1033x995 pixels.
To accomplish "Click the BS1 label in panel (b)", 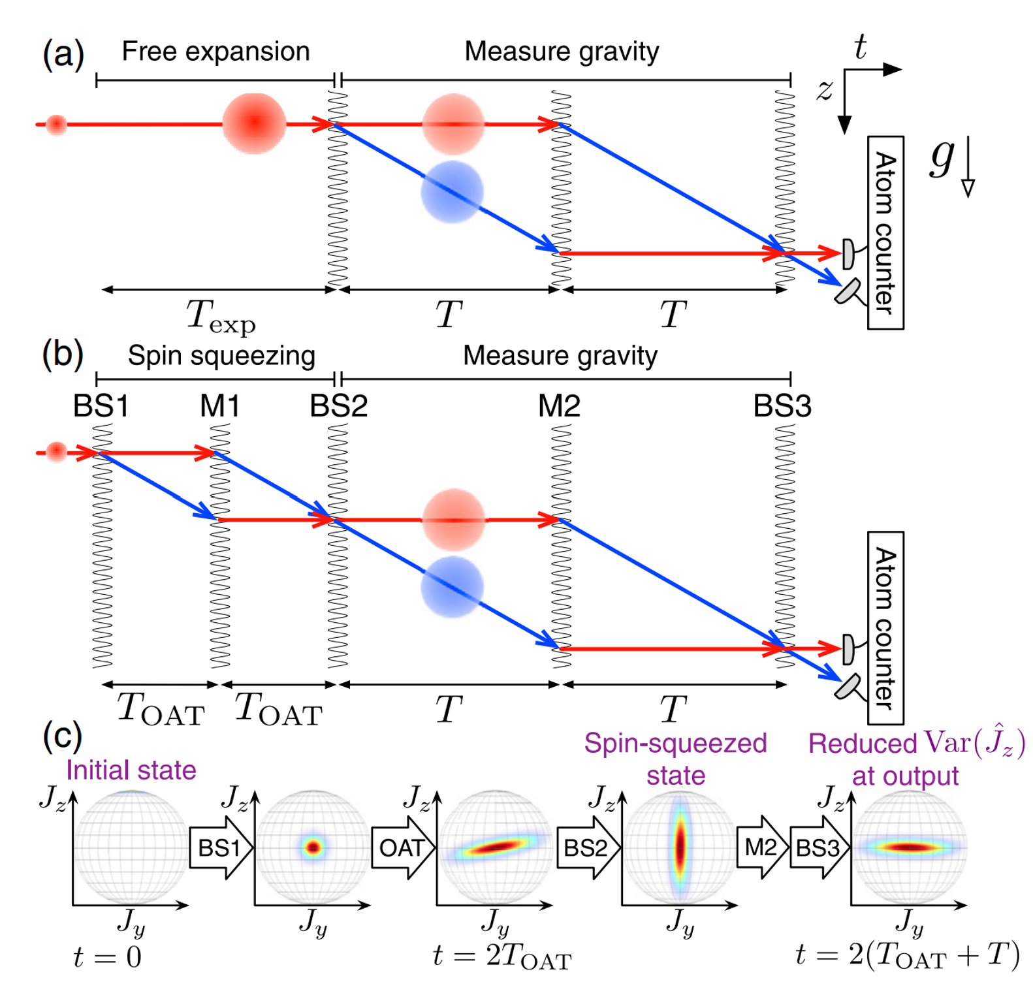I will tap(101, 406).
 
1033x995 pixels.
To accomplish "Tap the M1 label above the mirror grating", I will tap(219, 406).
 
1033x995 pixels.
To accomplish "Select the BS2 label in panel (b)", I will tap(338, 406).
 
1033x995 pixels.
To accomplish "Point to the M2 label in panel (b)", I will tap(559, 406).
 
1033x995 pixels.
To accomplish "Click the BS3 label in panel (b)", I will tap(782, 406).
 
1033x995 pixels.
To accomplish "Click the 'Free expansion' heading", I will tap(215, 52).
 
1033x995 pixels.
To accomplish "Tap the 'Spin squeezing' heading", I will tap(221, 356).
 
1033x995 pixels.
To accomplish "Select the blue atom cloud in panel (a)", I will tap(452, 192).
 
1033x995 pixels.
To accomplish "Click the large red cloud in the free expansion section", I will tap(254, 123).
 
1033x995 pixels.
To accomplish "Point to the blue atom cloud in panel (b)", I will tap(452, 587).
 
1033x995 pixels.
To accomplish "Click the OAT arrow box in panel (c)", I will tap(402, 847).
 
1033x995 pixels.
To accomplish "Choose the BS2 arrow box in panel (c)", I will tap(586, 847).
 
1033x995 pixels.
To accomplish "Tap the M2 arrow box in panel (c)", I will tap(761, 847).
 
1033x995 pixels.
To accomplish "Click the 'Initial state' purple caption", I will tap(131, 770).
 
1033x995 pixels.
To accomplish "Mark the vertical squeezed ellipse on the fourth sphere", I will tap(680, 846).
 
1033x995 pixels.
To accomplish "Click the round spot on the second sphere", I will tap(313, 847).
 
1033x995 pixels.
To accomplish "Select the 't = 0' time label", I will tap(107, 957).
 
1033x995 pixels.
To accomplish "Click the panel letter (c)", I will tap(62, 736).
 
